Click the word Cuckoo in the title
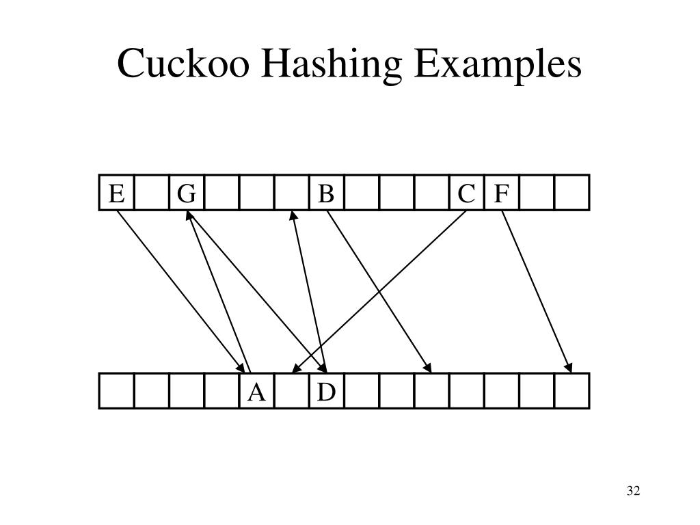pyautogui.click(x=179, y=66)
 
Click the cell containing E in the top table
pyautogui.click(x=117, y=193)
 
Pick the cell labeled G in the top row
pyautogui.click(x=187, y=193)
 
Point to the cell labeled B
pyautogui.click(x=326, y=193)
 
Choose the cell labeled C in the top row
pyautogui.click(x=466, y=193)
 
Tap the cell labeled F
pyautogui.click(x=501, y=193)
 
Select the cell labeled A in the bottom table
pyautogui.click(x=256, y=392)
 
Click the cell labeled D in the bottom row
pyautogui.click(x=326, y=392)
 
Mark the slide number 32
pyautogui.click(x=632, y=491)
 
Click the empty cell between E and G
pyautogui.click(x=152, y=193)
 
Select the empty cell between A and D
pyautogui.click(x=291, y=392)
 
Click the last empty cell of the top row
pyautogui.click(x=571, y=193)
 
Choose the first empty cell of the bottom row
pyautogui.click(x=117, y=392)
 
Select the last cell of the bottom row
pyautogui.click(x=571, y=392)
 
